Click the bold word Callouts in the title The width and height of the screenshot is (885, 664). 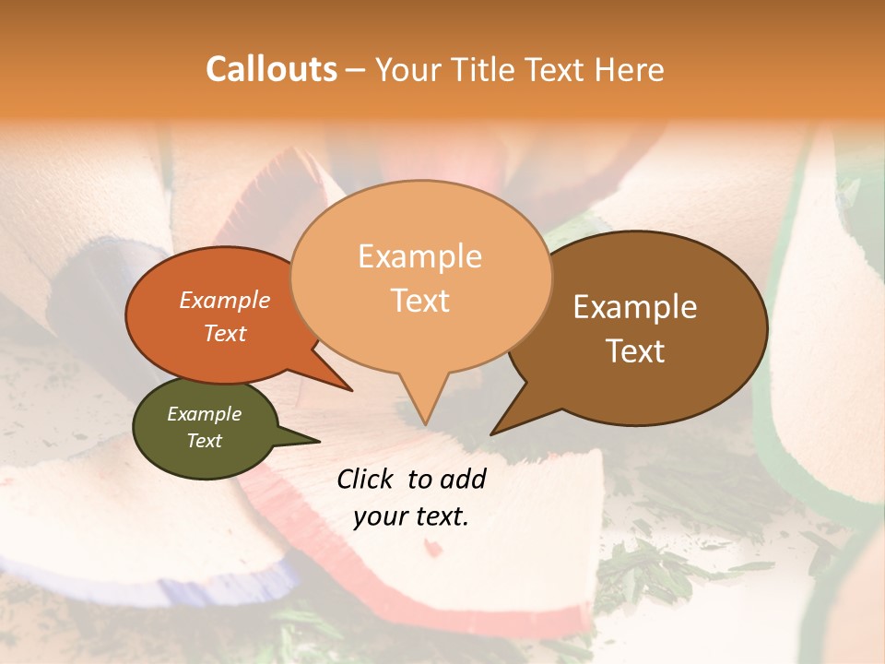pyautogui.click(x=271, y=69)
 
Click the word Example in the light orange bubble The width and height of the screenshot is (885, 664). pyautogui.click(x=419, y=256)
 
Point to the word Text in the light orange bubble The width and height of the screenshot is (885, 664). pyautogui.click(x=420, y=301)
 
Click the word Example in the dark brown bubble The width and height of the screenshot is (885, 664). pyautogui.click(x=635, y=307)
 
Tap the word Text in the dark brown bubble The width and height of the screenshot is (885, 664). pyautogui.click(x=636, y=351)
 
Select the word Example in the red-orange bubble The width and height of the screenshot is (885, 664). pyautogui.click(x=225, y=301)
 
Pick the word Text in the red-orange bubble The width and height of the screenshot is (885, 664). pyautogui.click(x=225, y=333)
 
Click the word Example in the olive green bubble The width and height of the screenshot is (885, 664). pyautogui.click(x=204, y=414)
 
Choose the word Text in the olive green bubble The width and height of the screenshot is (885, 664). pyautogui.click(x=205, y=441)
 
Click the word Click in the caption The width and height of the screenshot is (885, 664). pyautogui.click(x=366, y=479)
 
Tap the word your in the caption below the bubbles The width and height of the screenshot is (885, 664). pyautogui.click(x=378, y=516)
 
